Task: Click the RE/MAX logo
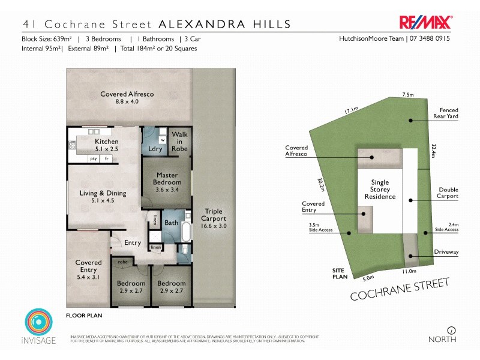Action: coord(426,22)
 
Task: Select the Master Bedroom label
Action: coord(167,178)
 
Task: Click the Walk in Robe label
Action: coord(179,142)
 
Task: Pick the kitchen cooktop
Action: coord(73,145)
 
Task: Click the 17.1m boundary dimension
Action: coord(351,110)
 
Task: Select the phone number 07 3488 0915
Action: coord(431,39)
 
